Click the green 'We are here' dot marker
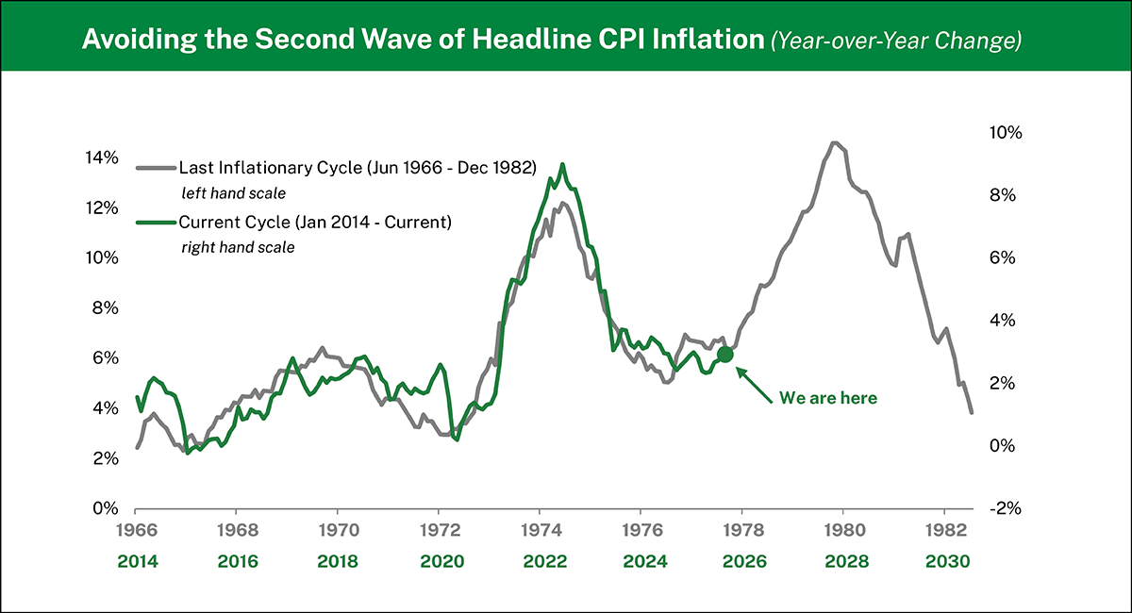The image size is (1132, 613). click(x=724, y=355)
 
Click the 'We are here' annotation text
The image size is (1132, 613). click(x=827, y=398)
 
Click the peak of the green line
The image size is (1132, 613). click(x=563, y=164)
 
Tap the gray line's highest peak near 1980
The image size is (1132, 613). click(x=834, y=142)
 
